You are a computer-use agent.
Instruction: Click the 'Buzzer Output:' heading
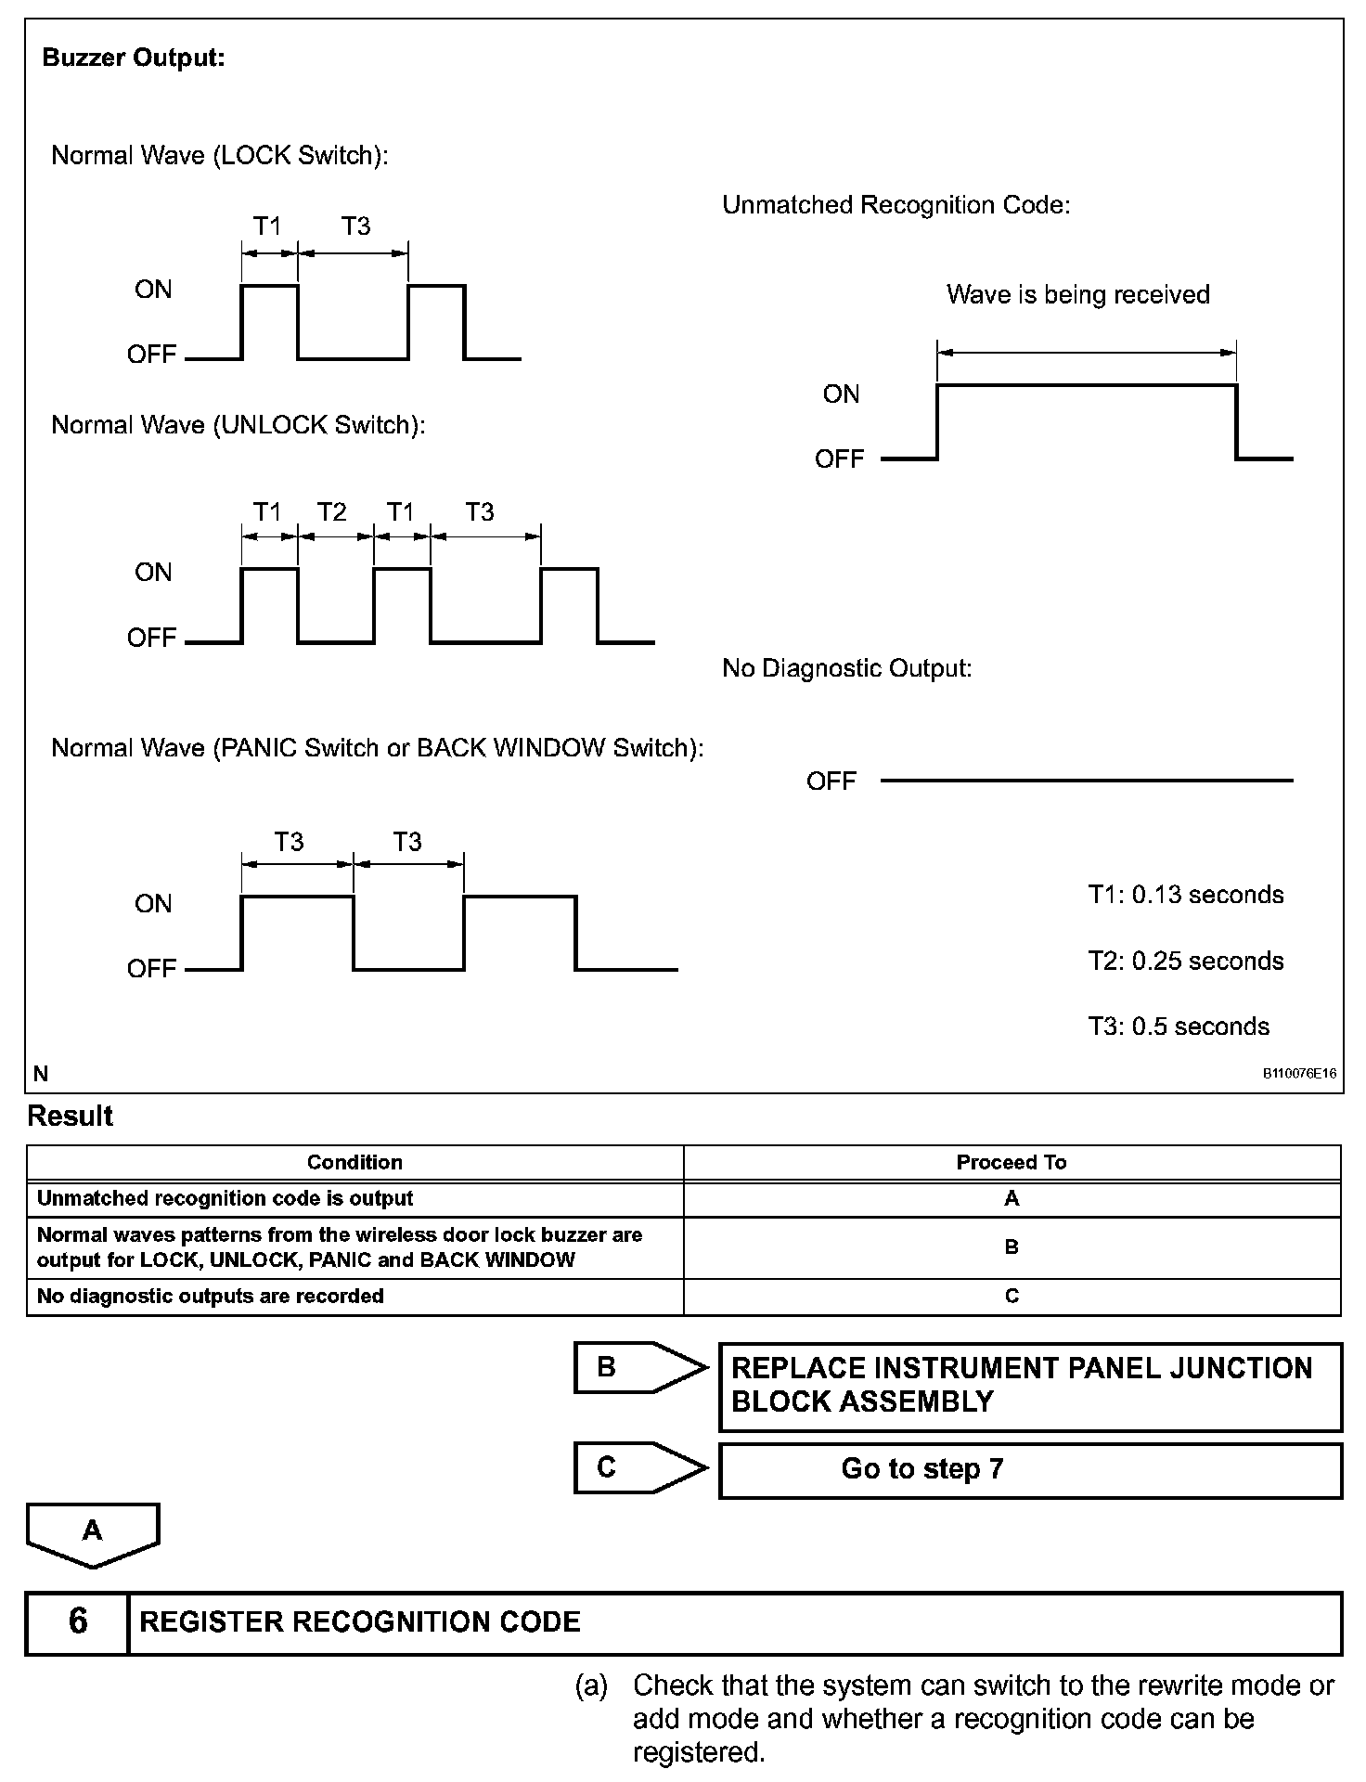click(134, 58)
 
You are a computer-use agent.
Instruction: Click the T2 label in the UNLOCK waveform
click(331, 512)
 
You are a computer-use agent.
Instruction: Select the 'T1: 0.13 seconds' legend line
click(1185, 896)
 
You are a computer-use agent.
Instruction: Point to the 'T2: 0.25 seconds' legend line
click(1185, 962)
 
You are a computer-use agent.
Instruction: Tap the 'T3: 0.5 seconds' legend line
click(1179, 1027)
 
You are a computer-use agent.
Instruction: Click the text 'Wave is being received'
click(1077, 295)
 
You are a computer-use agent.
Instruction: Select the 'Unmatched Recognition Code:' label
click(896, 205)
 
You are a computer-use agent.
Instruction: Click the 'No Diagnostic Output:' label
click(846, 668)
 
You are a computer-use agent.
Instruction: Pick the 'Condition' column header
click(354, 1163)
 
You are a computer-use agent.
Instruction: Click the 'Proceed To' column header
click(1011, 1163)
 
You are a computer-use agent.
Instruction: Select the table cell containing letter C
click(1012, 1297)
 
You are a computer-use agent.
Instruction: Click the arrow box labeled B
click(637, 1368)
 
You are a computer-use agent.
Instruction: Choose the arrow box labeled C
click(637, 1468)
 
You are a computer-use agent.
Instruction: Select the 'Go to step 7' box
click(1030, 1470)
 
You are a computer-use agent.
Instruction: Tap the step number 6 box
click(78, 1621)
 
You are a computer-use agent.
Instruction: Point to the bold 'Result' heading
click(71, 1117)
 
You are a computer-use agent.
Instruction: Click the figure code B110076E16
click(1299, 1074)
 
